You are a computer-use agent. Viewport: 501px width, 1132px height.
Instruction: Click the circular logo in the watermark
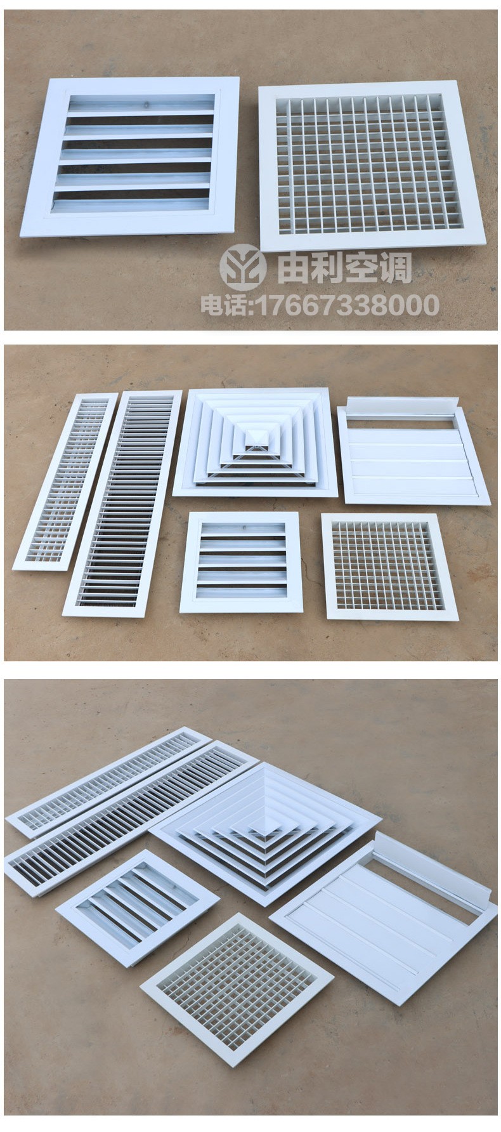click(243, 267)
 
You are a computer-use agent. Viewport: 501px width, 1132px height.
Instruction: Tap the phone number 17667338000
click(346, 306)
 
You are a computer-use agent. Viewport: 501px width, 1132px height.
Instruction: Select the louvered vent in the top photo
click(131, 155)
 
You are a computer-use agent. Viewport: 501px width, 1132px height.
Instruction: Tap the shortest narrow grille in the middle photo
click(65, 481)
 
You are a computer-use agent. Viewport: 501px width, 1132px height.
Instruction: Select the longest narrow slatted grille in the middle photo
click(122, 503)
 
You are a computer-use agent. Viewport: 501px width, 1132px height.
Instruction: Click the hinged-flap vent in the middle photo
click(413, 451)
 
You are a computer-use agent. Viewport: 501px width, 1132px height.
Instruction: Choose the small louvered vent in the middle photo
click(240, 562)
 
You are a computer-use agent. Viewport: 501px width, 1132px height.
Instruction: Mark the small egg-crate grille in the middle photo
click(389, 566)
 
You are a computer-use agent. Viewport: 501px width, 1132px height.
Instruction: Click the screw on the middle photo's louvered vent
click(244, 527)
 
